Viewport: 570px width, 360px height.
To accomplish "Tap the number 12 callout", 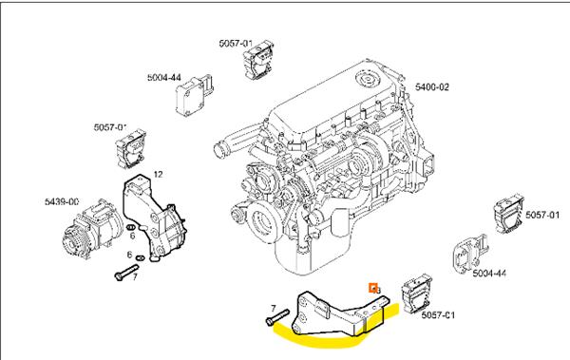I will coord(158,173).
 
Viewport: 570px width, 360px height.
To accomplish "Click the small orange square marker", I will coord(373,286).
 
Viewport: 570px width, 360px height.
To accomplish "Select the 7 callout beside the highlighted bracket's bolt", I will coord(273,308).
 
